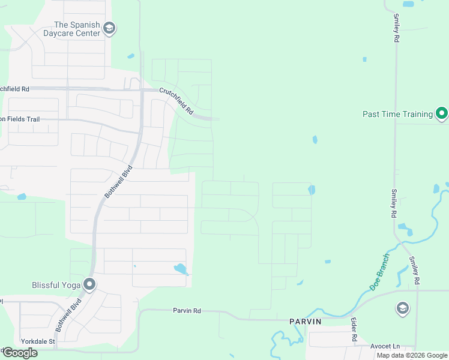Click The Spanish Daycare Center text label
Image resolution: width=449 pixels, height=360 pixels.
tap(76, 28)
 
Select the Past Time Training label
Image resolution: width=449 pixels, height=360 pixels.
tap(397, 114)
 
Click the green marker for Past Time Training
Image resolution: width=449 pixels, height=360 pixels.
tap(442, 113)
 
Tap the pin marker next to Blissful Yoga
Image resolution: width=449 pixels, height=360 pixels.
tap(89, 284)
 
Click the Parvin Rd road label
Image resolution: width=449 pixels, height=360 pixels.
tap(187, 311)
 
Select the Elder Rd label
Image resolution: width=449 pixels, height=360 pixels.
tap(354, 331)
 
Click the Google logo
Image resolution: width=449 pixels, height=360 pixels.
tap(20, 353)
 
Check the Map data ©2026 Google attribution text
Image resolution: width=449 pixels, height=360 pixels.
tap(412, 355)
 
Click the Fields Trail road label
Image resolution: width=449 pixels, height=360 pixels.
tap(20, 119)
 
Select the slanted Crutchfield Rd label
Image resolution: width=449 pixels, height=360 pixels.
tap(176, 101)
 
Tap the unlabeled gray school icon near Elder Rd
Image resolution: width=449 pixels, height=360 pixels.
tap(402, 309)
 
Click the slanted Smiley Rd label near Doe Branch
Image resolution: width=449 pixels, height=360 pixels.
tap(414, 270)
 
